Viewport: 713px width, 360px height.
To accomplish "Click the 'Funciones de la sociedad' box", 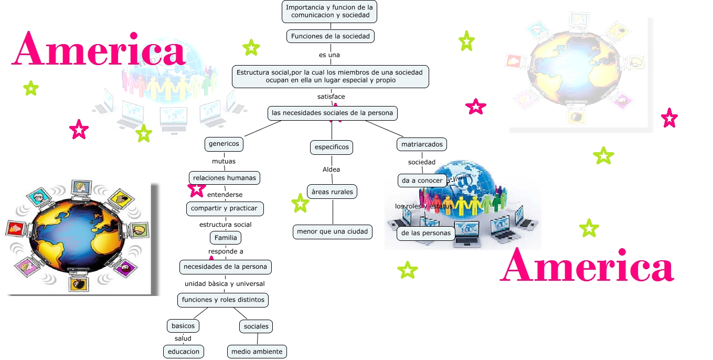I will pos(331,36).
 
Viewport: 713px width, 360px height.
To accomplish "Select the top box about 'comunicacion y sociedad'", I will pos(329,12).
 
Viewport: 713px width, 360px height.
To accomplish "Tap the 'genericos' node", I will pos(224,143).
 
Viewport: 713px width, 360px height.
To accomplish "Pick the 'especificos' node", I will pos(331,147).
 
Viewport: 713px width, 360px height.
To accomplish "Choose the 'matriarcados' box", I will pos(422,144).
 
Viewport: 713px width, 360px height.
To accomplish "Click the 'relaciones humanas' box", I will pos(225,178).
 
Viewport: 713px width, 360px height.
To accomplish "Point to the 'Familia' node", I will pos(226,238).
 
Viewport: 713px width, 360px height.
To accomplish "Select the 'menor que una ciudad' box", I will pos(332,231).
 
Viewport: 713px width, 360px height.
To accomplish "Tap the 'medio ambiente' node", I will pos(257,352).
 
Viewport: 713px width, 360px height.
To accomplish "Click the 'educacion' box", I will pos(183,352).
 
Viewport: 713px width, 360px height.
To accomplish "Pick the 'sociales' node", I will pos(256,326).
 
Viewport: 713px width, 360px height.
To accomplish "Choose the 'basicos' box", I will pos(183,326).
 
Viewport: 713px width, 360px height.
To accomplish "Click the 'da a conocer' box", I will pos(422,181).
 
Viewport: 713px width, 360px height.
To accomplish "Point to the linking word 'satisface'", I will pos(331,97).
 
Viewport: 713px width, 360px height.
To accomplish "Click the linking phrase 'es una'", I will pos(329,55).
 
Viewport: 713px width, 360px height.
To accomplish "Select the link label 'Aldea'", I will pos(331,170).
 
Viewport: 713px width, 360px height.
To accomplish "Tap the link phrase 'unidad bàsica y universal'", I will pos(225,284).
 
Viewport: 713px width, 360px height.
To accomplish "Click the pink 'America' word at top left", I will pos(99,49).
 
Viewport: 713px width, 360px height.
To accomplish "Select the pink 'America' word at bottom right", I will pos(587,266).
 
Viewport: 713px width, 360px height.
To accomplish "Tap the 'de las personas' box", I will pos(425,233).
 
